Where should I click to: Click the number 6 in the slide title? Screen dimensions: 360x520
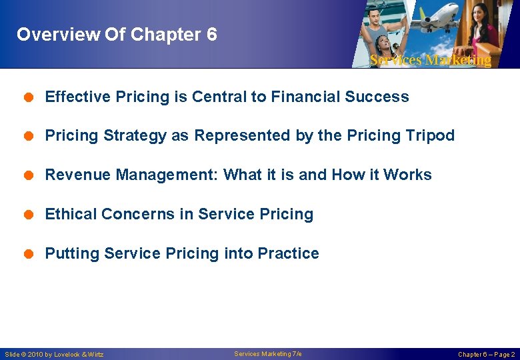click(x=211, y=35)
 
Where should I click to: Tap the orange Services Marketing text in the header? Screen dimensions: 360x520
click(x=430, y=60)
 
